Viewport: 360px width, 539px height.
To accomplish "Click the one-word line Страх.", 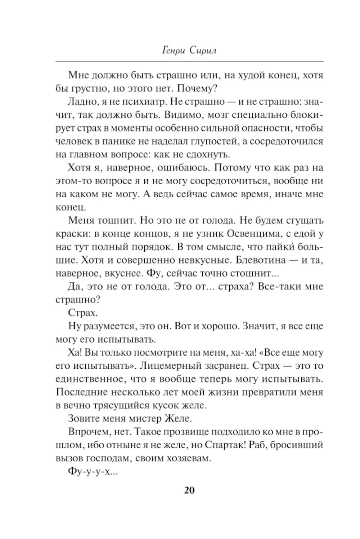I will [81, 313].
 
